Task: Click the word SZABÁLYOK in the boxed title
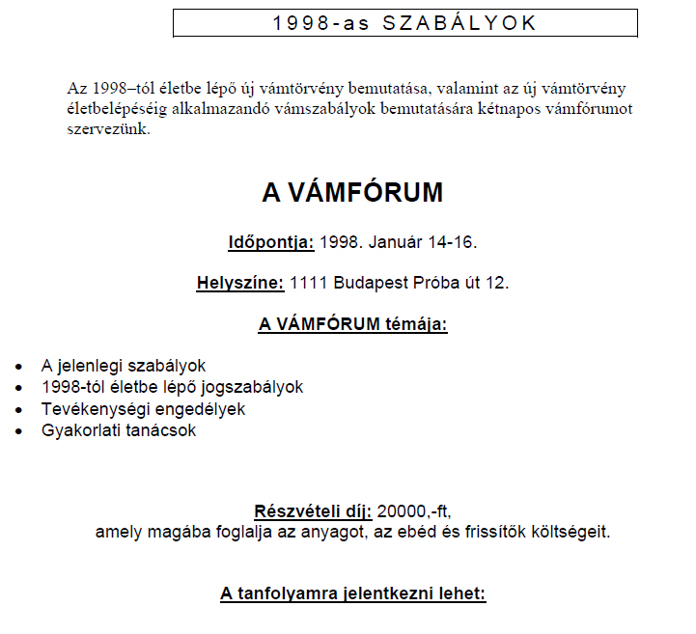click(459, 23)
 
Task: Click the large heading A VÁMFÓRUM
click(352, 193)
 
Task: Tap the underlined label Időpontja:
click(270, 241)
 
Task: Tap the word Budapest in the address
click(369, 284)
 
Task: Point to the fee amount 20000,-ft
click(415, 510)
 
